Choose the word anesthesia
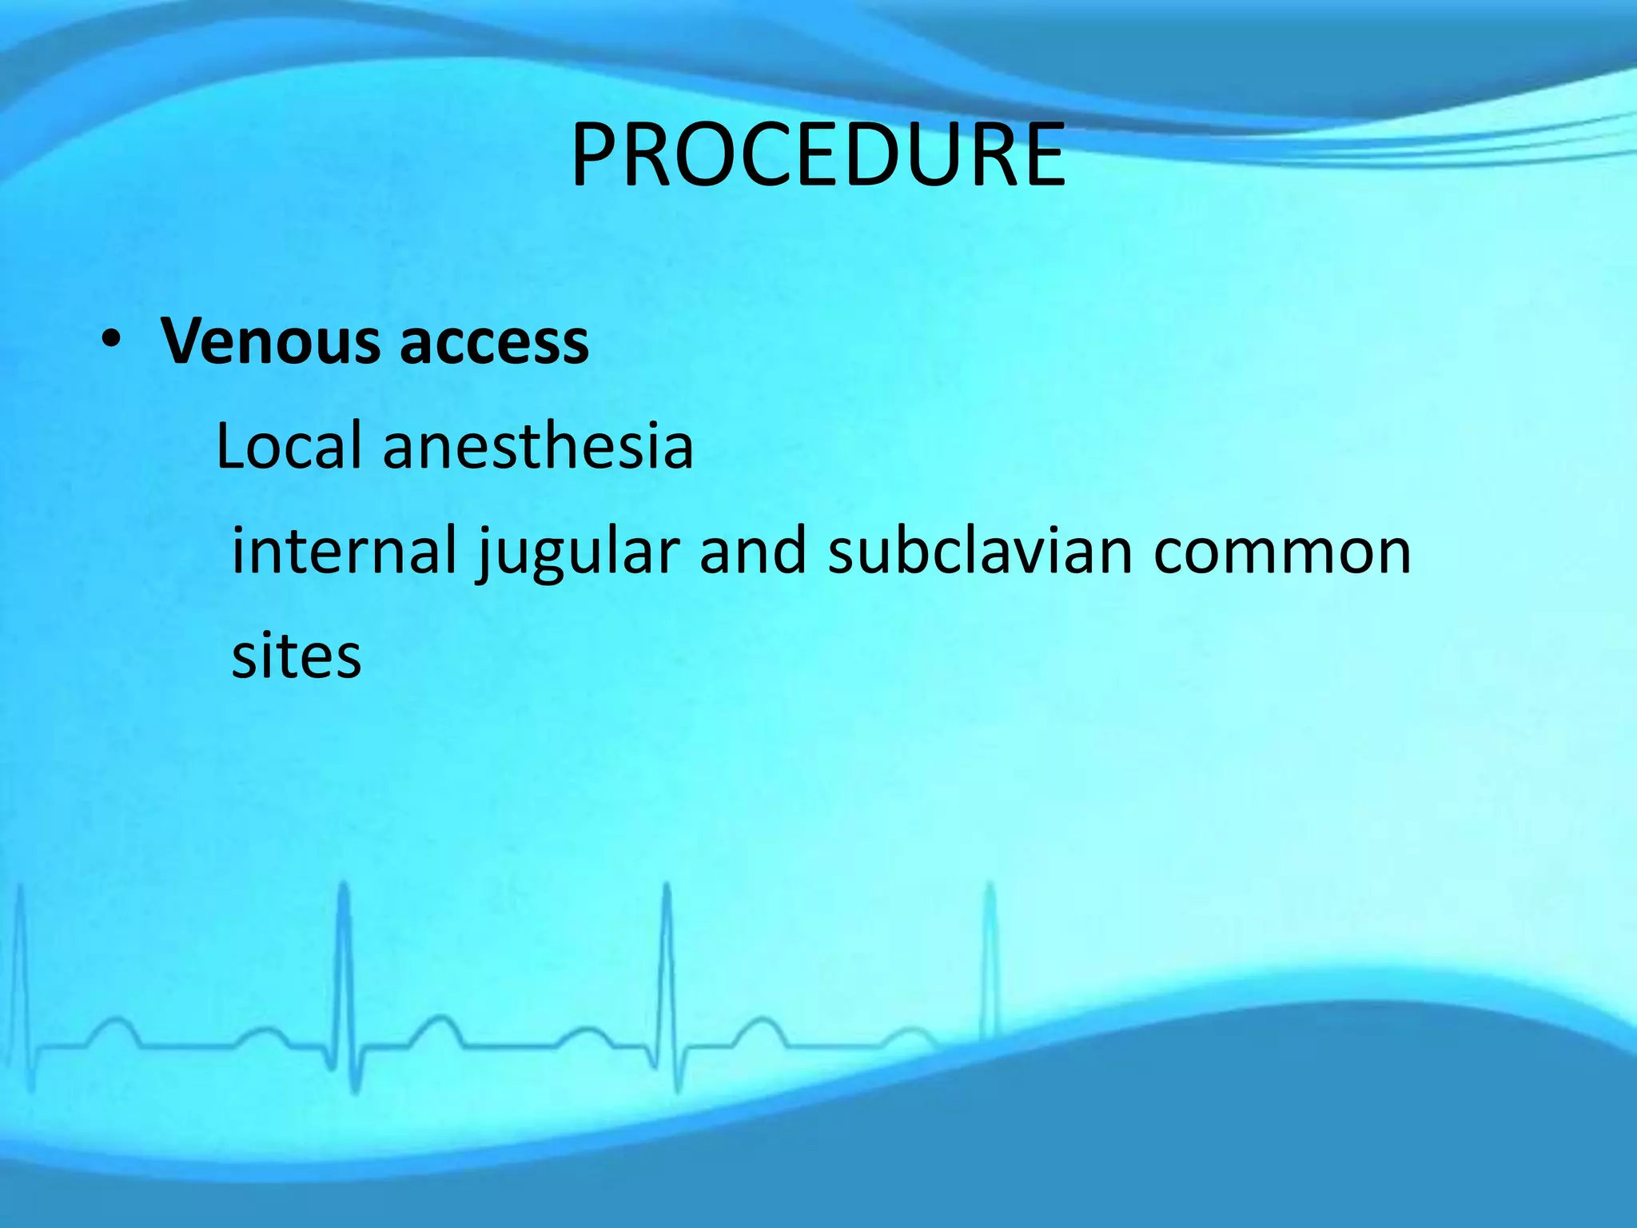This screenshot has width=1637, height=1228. (538, 445)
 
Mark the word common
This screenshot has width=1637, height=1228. (1282, 552)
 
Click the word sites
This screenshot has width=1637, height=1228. (297, 656)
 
